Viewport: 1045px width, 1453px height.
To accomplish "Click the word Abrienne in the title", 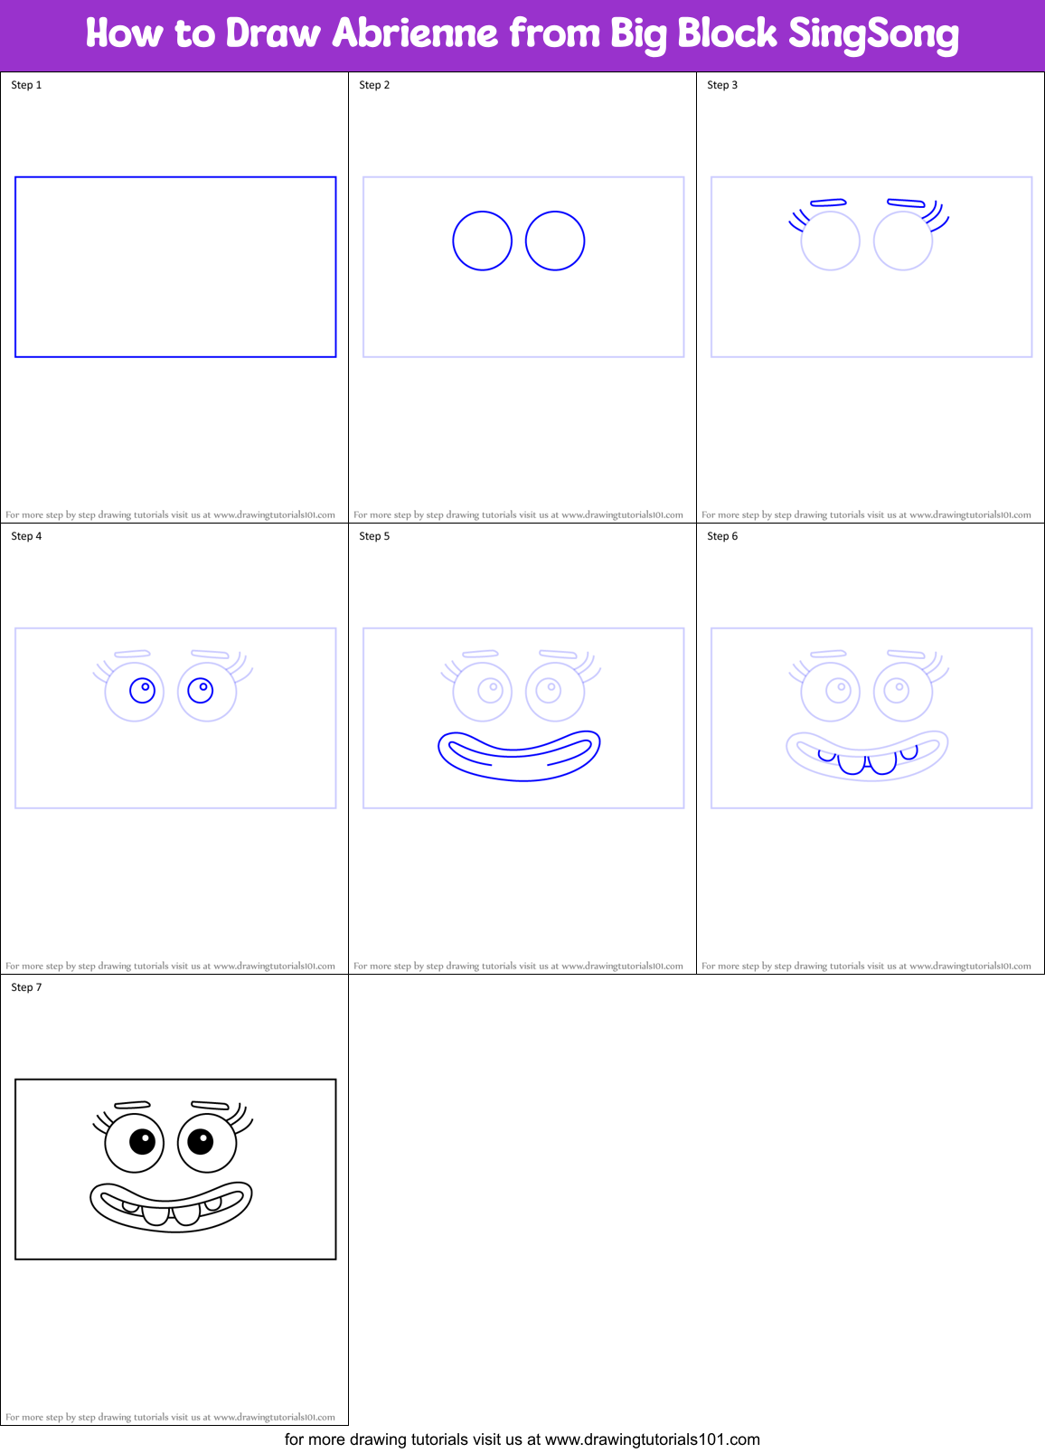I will pyautogui.click(x=415, y=34).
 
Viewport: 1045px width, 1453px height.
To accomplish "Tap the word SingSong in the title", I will pyautogui.click(x=873, y=34).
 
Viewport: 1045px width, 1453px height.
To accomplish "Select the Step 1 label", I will pyautogui.click(x=26, y=85).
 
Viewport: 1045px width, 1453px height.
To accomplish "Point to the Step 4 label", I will pyautogui.click(x=26, y=536).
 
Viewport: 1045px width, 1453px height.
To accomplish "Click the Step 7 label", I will pyautogui.click(x=26, y=987).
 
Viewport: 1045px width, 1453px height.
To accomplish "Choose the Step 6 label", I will pyautogui.click(x=722, y=536).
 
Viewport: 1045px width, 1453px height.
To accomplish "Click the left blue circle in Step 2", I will pyautogui.click(x=483, y=241).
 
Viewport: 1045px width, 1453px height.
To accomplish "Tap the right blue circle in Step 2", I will pyautogui.click(x=555, y=241).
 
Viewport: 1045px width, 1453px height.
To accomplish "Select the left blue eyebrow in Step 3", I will pyautogui.click(x=828, y=203).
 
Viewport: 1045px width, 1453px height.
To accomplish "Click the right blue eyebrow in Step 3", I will pyautogui.click(x=906, y=203).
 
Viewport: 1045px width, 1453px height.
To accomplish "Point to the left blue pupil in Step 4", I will pyautogui.click(x=142, y=691).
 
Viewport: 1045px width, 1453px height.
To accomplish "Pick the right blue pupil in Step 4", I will pyautogui.click(x=201, y=691).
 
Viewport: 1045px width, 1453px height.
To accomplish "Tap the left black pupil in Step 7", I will pyautogui.click(x=142, y=1142).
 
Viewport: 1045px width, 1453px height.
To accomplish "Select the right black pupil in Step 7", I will pyautogui.click(x=201, y=1142).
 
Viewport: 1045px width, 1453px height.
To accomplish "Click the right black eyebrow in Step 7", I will pyautogui.click(x=211, y=1105).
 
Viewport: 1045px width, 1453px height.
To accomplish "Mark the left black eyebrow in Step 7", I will pyautogui.click(x=132, y=1105).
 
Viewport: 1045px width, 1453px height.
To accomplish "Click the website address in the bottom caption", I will pyautogui.click(x=652, y=1439).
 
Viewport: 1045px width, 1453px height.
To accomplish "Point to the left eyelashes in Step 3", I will pyautogui.click(x=798, y=221).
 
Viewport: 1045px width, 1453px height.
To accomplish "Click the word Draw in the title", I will pyautogui.click(x=273, y=34).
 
